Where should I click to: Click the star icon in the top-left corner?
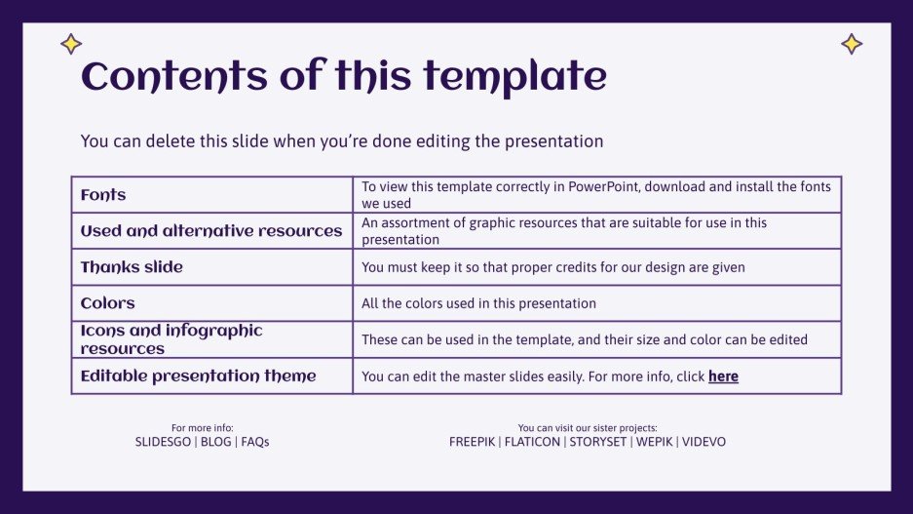click(71, 44)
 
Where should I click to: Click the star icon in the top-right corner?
click(852, 44)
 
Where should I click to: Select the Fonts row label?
click(103, 195)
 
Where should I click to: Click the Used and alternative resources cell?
click(211, 231)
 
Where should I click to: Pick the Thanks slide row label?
click(132, 267)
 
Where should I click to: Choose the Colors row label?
click(108, 303)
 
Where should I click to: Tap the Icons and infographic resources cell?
click(171, 339)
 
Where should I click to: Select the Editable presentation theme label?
click(199, 376)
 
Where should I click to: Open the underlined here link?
click(723, 376)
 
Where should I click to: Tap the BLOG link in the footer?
click(216, 442)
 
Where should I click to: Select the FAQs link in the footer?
click(255, 442)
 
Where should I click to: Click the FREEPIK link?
click(472, 442)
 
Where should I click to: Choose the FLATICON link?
click(532, 442)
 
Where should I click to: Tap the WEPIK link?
click(654, 442)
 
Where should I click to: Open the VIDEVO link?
click(704, 442)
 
